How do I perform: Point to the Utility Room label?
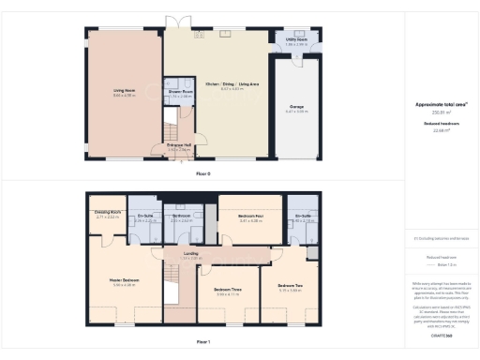point(296,39)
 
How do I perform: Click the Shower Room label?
point(181,92)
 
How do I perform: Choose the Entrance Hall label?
point(178,145)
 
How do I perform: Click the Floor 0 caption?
point(203,173)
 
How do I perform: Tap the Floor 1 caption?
point(203,341)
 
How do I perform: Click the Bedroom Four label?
point(250,217)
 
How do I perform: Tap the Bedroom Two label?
point(290,286)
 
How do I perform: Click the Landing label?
point(191,254)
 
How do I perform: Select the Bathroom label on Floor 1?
point(181,217)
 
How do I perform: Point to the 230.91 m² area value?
point(435,112)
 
